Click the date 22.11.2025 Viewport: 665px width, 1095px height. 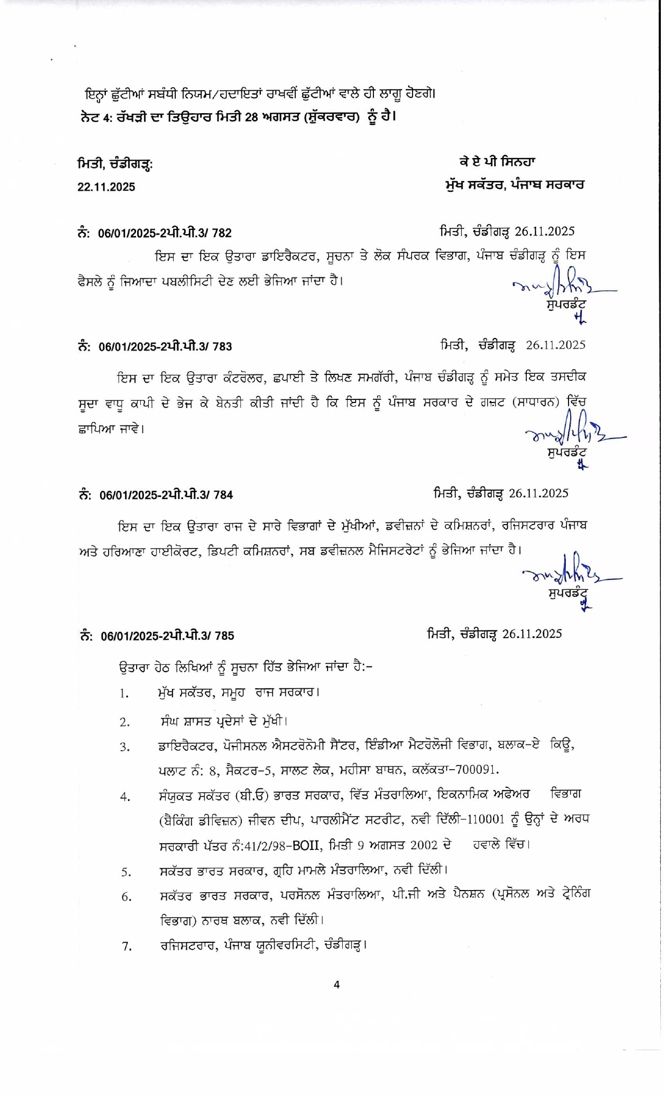pos(106,187)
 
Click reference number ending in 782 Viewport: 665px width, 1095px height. pos(165,233)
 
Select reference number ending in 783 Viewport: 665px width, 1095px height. pos(165,347)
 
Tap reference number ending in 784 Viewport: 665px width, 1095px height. pos(166,495)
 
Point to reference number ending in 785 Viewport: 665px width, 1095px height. pos(167,636)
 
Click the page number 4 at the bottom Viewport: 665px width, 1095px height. pos(336,985)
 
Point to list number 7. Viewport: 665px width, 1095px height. pos(126,946)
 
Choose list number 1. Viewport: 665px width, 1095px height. pos(124,694)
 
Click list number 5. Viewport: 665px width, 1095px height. pos(126,871)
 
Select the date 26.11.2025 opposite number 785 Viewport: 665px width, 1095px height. pos(532,634)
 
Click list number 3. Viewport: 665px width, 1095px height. pos(124,747)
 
